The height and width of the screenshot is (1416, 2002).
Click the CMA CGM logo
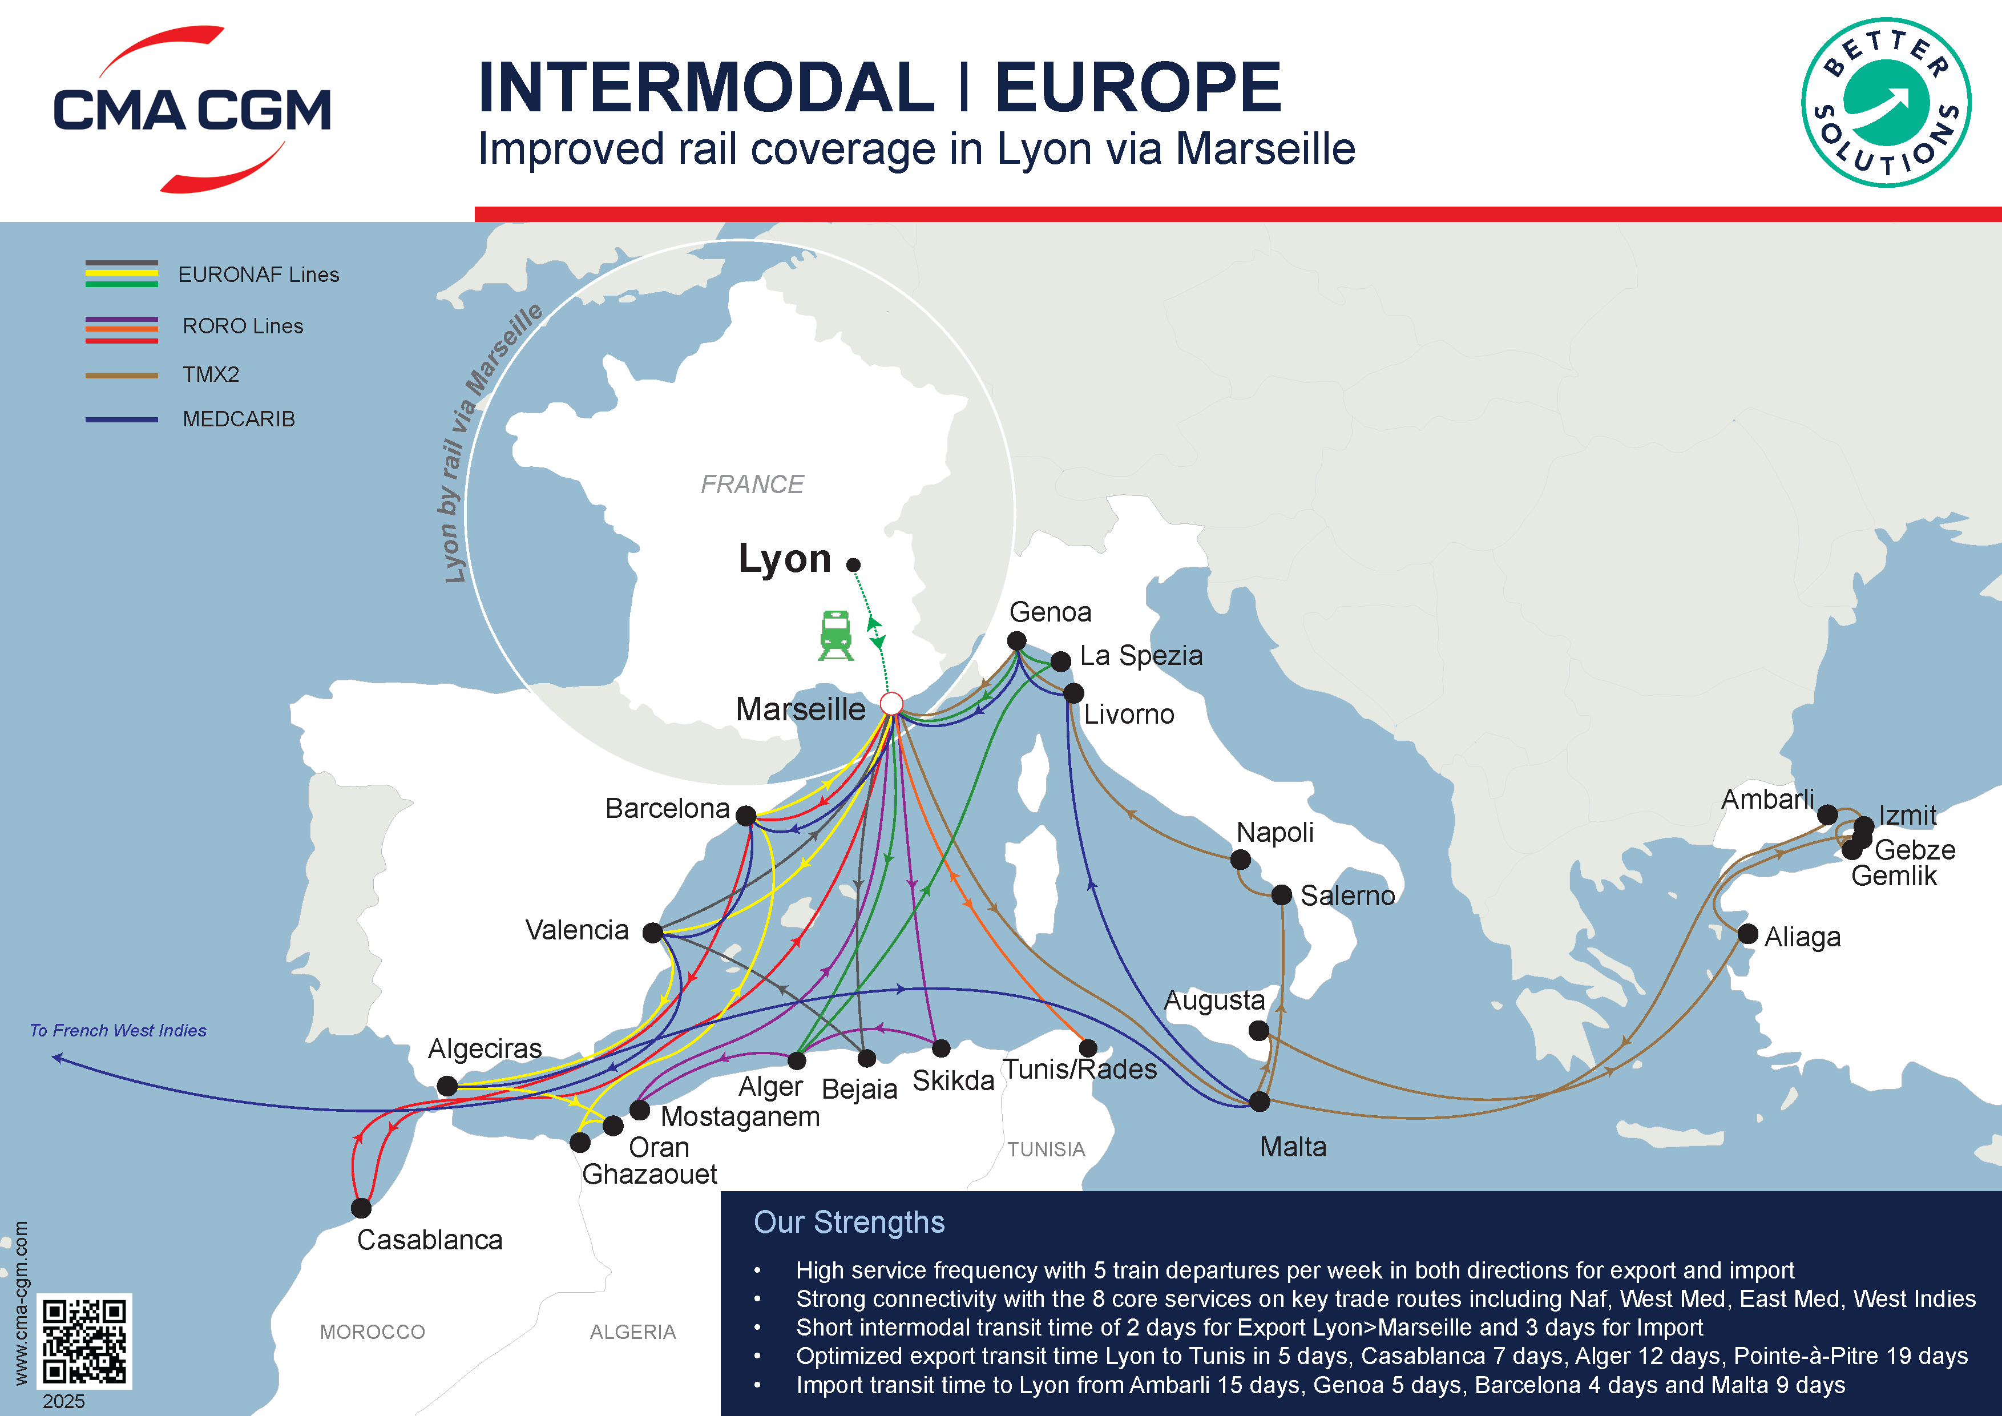point(192,110)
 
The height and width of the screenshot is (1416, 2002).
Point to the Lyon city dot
point(854,565)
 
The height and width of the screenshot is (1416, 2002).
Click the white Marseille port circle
point(891,704)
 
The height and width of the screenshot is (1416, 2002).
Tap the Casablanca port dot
point(361,1208)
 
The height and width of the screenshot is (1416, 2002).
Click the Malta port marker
point(1259,1101)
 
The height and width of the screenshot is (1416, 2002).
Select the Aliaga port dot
point(1747,934)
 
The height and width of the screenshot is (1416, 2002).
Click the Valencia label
point(576,930)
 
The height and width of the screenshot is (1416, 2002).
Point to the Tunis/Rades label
point(1080,1069)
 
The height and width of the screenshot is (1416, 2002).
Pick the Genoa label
point(1050,612)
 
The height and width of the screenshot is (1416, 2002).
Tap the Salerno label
point(1347,895)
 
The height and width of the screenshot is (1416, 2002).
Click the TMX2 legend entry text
point(211,375)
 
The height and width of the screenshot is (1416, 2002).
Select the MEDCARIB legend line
point(121,419)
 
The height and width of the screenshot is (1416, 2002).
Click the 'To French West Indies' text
point(118,1031)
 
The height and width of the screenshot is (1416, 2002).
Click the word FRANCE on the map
point(752,485)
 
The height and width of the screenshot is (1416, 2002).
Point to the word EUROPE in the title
point(1138,87)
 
